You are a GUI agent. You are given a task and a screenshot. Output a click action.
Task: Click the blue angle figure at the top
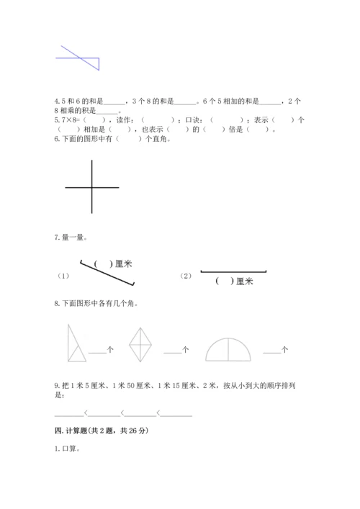click(x=81, y=57)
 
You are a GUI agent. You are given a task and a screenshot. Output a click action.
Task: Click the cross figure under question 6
click(x=92, y=187)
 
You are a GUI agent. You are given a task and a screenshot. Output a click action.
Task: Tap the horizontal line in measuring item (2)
click(x=233, y=271)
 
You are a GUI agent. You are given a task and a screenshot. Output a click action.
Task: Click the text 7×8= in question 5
click(x=66, y=120)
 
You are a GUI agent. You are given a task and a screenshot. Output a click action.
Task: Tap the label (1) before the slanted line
click(x=63, y=276)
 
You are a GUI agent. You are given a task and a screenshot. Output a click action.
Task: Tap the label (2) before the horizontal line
click(x=186, y=276)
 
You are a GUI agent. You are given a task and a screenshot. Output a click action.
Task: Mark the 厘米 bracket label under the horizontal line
click(x=234, y=281)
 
